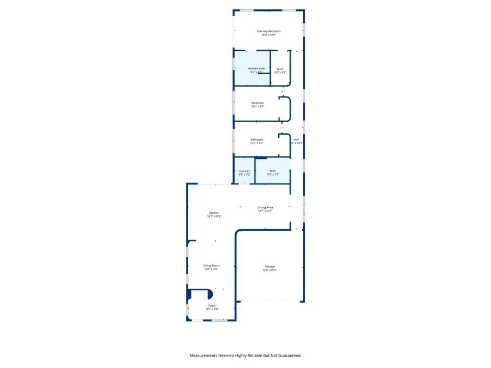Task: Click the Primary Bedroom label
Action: pos(268,32)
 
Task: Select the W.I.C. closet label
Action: pos(280,69)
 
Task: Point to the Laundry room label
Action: pos(244,171)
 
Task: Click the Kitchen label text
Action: pos(214,213)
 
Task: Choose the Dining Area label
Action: pos(265,207)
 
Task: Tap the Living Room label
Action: pos(211,266)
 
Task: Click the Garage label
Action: pos(269,267)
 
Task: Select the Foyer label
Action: pos(212,306)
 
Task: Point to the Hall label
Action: pos(296,140)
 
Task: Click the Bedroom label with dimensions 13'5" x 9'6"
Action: pos(258,103)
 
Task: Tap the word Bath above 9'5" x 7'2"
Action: pos(273,171)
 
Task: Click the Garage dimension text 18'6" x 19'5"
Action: pos(269,270)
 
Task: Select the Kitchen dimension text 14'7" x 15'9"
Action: pos(214,216)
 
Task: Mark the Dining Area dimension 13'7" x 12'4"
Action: pos(265,211)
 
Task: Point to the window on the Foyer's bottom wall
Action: pos(219,320)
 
